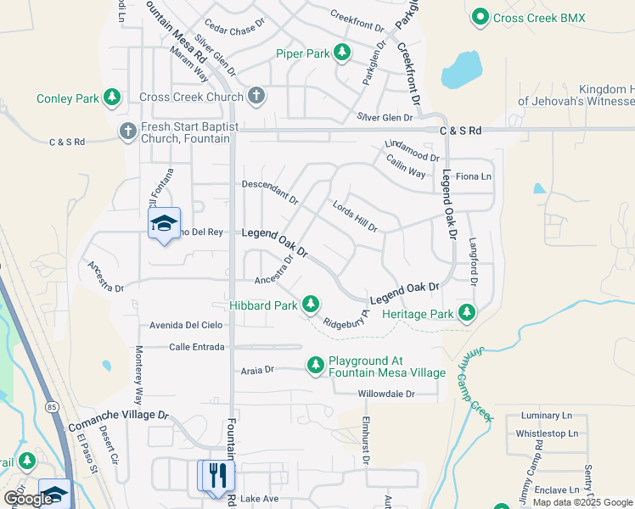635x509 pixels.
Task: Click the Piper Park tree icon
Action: tap(342, 53)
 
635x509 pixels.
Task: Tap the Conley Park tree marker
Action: tap(112, 98)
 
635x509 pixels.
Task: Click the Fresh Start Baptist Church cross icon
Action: tap(127, 131)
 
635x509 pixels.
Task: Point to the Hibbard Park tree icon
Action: tap(312, 304)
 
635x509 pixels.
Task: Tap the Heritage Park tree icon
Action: tap(466, 314)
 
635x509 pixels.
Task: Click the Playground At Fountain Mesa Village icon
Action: tap(316, 366)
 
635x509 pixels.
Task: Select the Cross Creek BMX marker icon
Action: tap(480, 17)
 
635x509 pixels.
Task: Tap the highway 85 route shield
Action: tap(53, 408)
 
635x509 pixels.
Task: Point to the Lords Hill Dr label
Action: tap(355, 216)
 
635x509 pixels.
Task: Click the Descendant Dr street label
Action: tap(270, 191)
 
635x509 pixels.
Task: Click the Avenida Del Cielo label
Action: tap(186, 325)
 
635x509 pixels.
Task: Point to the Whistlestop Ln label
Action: tap(547, 433)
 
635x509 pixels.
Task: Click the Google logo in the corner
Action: tap(28, 499)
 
